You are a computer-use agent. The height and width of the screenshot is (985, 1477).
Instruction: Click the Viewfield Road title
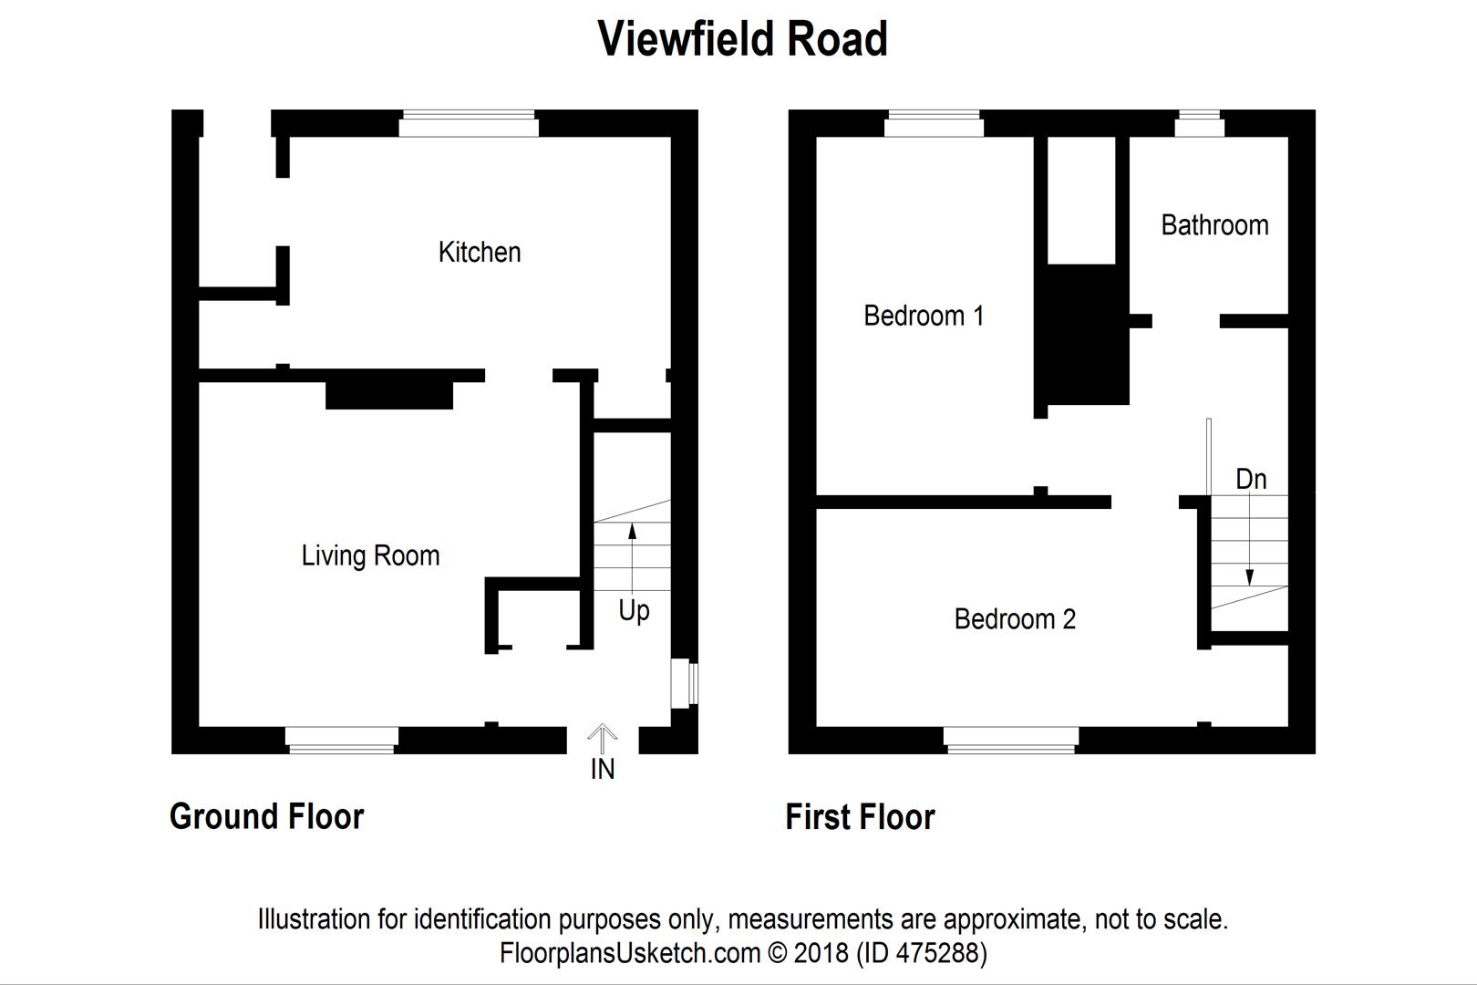(742, 39)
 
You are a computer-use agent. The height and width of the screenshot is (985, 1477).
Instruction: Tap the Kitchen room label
(480, 252)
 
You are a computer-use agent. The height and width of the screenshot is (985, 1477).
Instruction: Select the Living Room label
(370, 555)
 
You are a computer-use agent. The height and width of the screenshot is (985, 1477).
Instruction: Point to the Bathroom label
(1214, 225)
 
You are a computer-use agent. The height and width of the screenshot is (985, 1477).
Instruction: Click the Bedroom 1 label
(924, 316)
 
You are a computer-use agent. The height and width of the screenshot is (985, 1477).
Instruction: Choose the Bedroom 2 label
(1015, 619)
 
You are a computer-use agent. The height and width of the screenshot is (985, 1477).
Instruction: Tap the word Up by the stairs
(634, 611)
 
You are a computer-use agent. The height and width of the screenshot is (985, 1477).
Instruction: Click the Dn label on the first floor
(1251, 479)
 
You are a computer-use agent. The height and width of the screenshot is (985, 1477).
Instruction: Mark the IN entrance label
(603, 769)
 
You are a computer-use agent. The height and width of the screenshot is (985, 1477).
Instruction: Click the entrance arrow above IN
(602, 739)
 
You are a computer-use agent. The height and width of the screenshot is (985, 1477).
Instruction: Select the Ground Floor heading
(266, 817)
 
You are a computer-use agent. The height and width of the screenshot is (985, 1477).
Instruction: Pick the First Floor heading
(860, 817)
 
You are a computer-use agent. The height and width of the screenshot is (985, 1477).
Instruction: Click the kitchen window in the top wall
(468, 123)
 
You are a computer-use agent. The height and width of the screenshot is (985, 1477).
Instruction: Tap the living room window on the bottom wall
(342, 741)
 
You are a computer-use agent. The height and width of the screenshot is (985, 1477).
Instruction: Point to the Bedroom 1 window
(934, 123)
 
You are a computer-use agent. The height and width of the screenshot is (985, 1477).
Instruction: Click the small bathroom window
(1200, 123)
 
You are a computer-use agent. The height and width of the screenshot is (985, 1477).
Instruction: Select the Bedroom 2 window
(1011, 741)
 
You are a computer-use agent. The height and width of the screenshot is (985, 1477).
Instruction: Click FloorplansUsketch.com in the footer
(630, 953)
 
